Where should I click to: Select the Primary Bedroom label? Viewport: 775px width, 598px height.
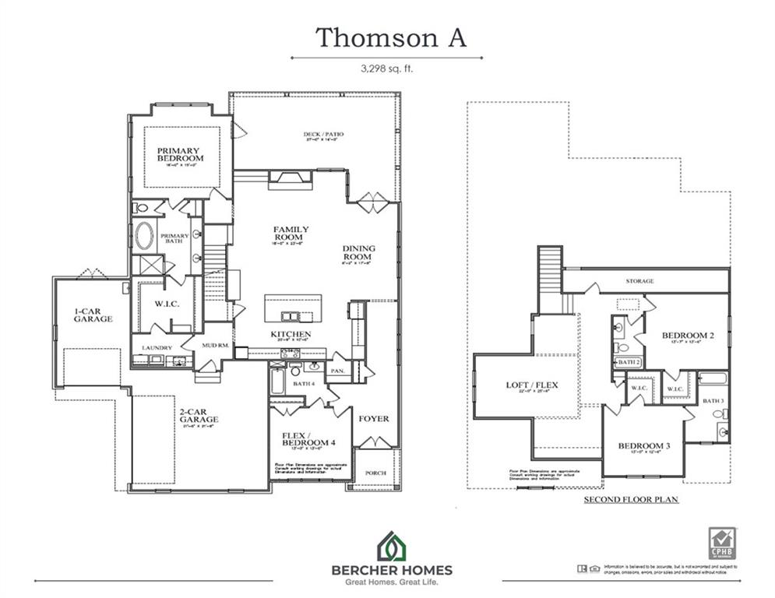[178, 155]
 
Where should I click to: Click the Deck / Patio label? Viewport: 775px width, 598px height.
[323, 134]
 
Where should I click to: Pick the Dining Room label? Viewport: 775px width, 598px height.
[358, 253]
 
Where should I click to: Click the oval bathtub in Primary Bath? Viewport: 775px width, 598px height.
[145, 236]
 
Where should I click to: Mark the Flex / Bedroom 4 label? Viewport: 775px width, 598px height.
[308, 438]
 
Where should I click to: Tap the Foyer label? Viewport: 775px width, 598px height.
[373, 418]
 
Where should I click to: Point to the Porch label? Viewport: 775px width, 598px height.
[375, 473]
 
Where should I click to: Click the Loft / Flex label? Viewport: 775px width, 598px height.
[532, 385]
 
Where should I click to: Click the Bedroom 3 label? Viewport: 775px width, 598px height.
[644, 446]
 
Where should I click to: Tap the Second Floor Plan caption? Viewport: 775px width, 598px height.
[631, 499]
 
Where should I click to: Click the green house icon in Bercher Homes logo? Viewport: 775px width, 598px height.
[392, 546]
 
